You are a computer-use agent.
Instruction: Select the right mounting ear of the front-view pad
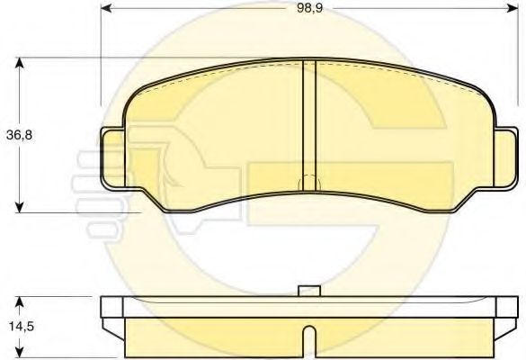tap(505, 158)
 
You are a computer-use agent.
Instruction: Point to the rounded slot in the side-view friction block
tap(309, 342)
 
